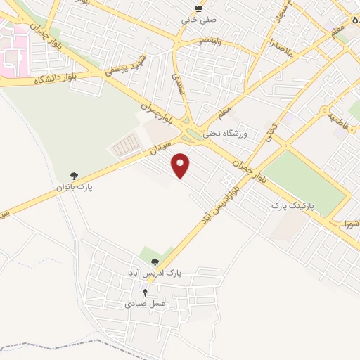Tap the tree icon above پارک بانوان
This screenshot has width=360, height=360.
click(x=75, y=176)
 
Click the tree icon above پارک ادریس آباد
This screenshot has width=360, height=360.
click(x=155, y=262)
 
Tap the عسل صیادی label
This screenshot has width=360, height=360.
click(x=145, y=304)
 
